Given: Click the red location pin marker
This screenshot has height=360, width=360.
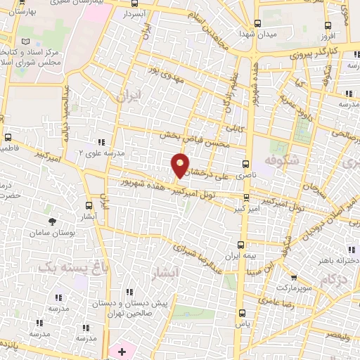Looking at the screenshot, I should [x=180, y=166].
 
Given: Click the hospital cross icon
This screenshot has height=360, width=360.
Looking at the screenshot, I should [x=122, y=350].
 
